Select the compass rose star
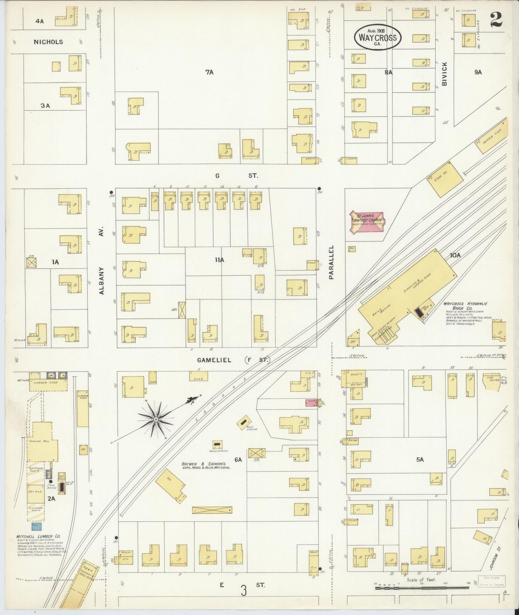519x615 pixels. click(156, 419)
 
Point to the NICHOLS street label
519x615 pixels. click(48, 42)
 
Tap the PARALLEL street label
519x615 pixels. click(331, 262)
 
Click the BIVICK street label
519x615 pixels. click(445, 74)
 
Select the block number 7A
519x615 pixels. click(209, 72)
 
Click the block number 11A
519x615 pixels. click(219, 260)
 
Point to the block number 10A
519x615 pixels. click(455, 255)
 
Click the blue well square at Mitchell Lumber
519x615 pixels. click(36, 526)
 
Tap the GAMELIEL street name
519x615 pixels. click(214, 360)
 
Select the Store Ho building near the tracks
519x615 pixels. click(445, 178)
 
